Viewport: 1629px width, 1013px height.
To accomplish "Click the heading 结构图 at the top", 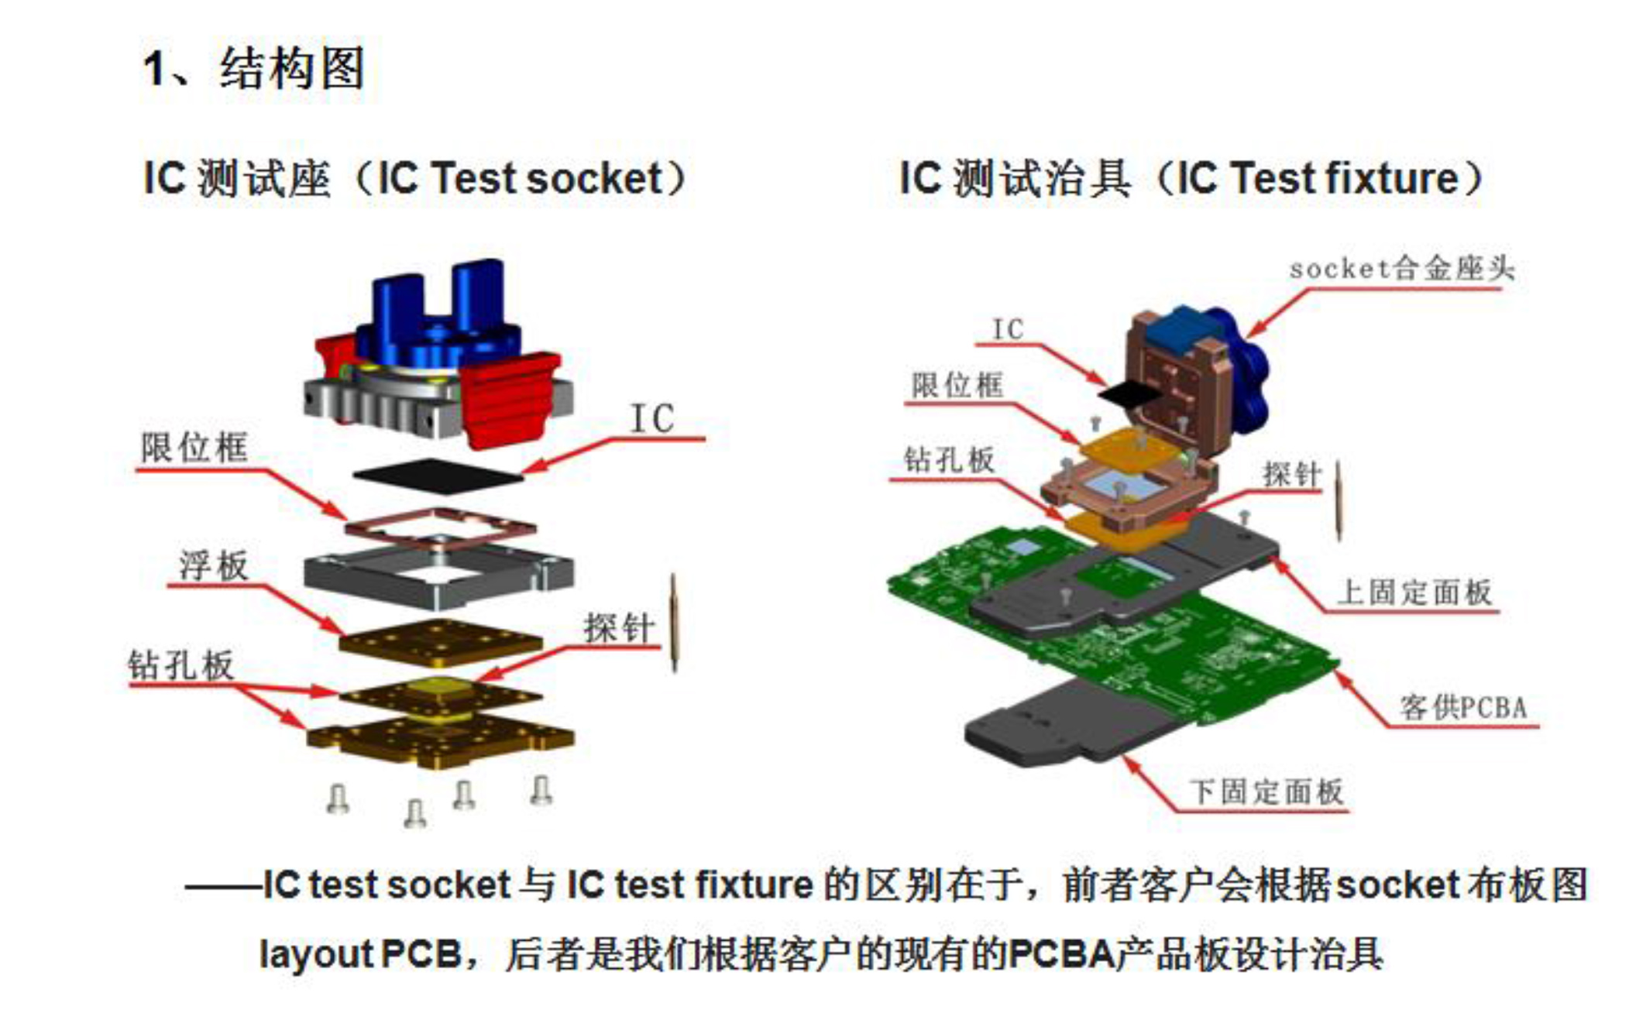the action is pyautogui.click(x=292, y=68).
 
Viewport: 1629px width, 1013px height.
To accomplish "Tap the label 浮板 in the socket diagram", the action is pyautogui.click(x=214, y=565).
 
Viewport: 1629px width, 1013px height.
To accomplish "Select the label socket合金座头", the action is pyautogui.click(x=1401, y=269).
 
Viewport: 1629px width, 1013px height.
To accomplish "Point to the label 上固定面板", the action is pyautogui.click(x=1414, y=592).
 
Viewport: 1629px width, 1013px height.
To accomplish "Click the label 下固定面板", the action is pyautogui.click(x=1266, y=792).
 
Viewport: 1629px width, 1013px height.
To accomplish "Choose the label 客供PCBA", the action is pyautogui.click(x=1463, y=707).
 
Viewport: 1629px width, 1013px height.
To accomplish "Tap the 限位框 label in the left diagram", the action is pyautogui.click(x=194, y=448).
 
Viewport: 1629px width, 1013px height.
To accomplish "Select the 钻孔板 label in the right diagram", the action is pyautogui.click(x=950, y=460).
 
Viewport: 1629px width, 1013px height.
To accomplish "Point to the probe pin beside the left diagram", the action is pyautogui.click(x=674, y=623).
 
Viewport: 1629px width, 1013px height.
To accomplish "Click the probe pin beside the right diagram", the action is pyautogui.click(x=1339, y=500).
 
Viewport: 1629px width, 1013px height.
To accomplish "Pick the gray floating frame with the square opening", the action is pyautogui.click(x=438, y=578).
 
